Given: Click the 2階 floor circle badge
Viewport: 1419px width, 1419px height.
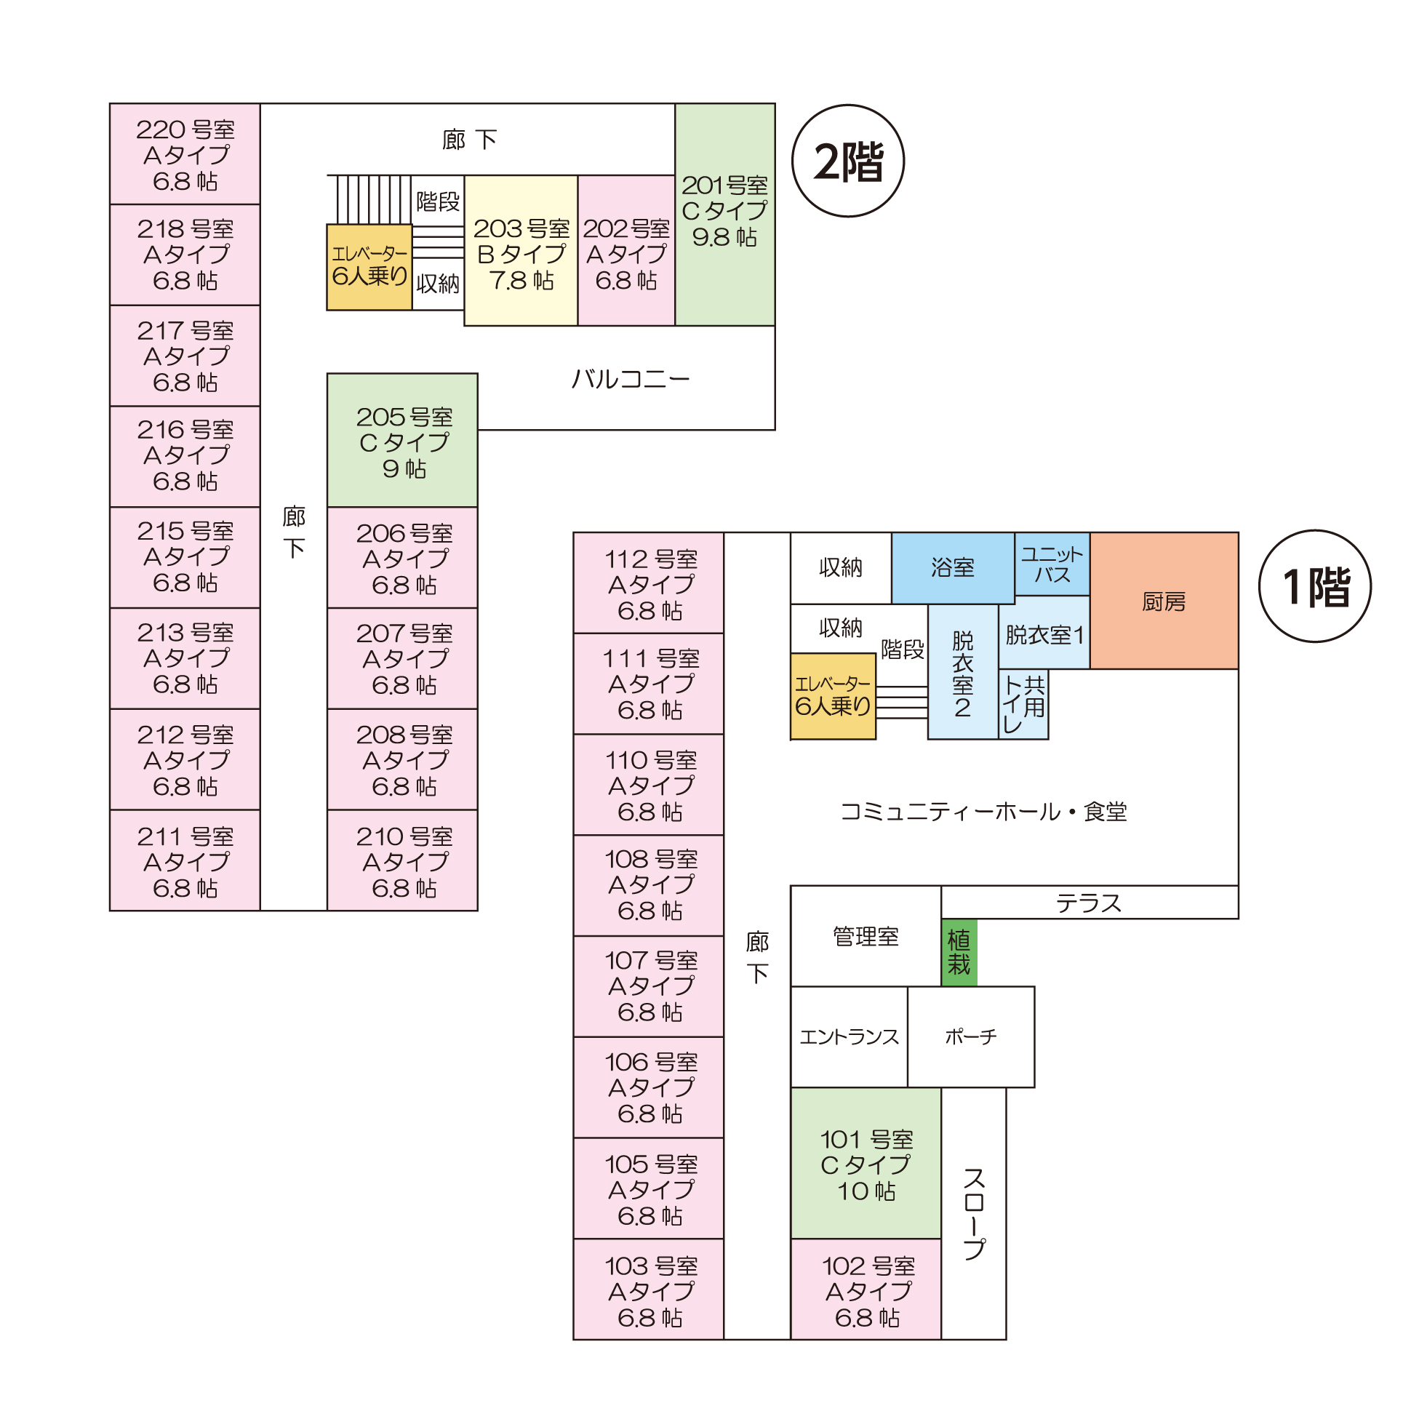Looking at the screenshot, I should (x=847, y=161).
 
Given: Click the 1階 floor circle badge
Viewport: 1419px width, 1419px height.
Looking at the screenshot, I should (x=1315, y=586).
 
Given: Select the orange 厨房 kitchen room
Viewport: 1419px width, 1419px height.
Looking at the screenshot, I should (x=1164, y=601).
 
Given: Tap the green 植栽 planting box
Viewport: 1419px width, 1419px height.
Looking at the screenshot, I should (x=959, y=952).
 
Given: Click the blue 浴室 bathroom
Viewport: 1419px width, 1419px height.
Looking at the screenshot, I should (x=953, y=568).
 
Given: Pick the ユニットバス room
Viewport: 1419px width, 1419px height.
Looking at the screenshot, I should (x=1052, y=564).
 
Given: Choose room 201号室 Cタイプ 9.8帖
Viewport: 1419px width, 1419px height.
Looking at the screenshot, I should (x=724, y=214).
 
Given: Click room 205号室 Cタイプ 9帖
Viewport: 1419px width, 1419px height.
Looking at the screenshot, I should (x=402, y=441).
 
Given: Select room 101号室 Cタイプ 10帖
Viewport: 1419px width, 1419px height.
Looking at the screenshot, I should (x=866, y=1164).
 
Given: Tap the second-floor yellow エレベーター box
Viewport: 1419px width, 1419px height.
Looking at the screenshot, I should (x=369, y=268).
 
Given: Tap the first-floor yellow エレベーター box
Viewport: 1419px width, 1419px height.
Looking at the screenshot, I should (x=832, y=696).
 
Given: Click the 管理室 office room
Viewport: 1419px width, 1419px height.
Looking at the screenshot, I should (x=866, y=937).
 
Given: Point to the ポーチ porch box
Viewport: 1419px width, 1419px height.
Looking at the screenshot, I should (x=970, y=1037).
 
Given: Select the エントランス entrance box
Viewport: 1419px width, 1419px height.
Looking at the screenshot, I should (x=849, y=1037).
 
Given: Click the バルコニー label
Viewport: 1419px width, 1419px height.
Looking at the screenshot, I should (x=630, y=379).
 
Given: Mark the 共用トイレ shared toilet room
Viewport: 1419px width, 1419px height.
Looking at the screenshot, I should (x=1023, y=703).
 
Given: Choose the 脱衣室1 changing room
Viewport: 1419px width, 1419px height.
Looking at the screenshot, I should (x=1044, y=634).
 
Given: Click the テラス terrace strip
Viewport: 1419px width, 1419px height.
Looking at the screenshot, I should (x=1089, y=903).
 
